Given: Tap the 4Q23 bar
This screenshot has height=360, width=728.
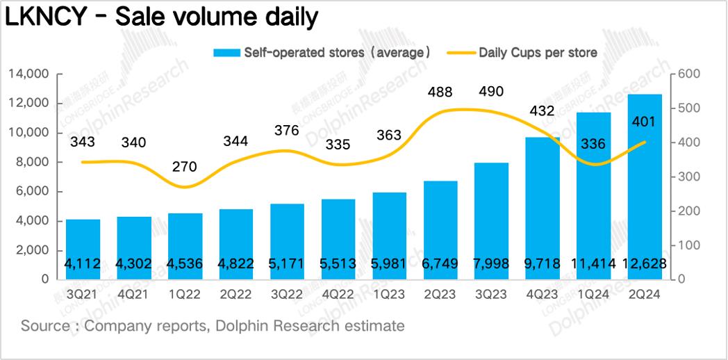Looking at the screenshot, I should (x=542, y=208).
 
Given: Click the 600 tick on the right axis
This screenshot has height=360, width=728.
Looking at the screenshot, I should (x=693, y=74).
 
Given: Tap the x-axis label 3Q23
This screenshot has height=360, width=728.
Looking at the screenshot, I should (x=491, y=294).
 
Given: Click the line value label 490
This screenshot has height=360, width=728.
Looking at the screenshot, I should (x=491, y=91).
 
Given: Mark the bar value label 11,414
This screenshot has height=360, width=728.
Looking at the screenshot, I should (x=593, y=264).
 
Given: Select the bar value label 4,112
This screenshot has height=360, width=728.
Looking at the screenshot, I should (x=83, y=264).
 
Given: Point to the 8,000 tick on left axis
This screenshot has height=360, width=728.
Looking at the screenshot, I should (x=32, y=162).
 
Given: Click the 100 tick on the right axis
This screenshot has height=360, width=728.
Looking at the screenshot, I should (x=693, y=245).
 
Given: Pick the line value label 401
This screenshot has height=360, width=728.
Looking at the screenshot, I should (x=645, y=122).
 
